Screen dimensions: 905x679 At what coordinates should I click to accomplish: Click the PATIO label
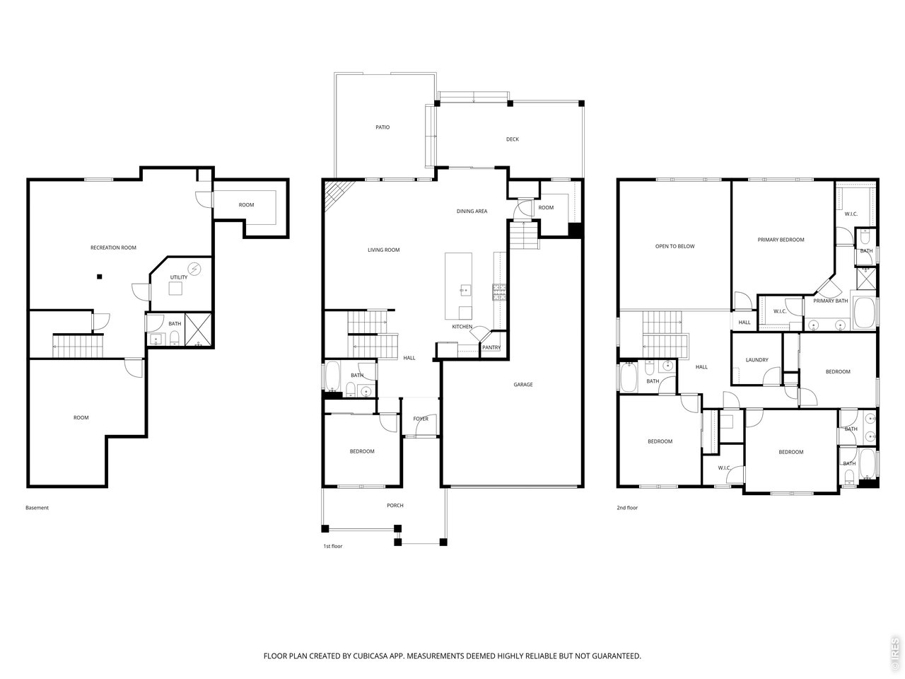pyautogui.click(x=383, y=127)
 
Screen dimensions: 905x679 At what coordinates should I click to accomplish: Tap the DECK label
pyautogui.click(x=512, y=139)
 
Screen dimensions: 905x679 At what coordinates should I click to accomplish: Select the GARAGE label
pyautogui.click(x=522, y=385)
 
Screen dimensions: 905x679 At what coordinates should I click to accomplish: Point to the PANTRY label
pyautogui.click(x=491, y=347)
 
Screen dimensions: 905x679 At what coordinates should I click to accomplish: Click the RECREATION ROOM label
pyautogui.click(x=113, y=248)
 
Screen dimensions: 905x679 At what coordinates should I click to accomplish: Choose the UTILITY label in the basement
pyautogui.click(x=179, y=277)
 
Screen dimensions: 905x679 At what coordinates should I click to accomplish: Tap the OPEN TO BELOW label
pyautogui.click(x=675, y=247)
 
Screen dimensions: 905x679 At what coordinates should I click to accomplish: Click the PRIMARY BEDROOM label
pyautogui.click(x=781, y=240)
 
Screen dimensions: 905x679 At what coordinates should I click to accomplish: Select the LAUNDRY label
pyautogui.click(x=757, y=360)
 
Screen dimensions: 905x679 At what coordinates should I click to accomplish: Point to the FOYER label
pyautogui.click(x=421, y=419)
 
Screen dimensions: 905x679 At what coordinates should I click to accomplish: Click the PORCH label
pyautogui.click(x=395, y=506)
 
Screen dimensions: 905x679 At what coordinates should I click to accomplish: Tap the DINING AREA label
pyautogui.click(x=472, y=211)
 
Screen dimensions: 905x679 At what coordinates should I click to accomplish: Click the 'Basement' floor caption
pyautogui.click(x=37, y=508)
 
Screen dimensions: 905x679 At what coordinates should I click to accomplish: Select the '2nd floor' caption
pyautogui.click(x=626, y=508)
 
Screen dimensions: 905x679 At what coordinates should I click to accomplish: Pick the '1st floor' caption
pyautogui.click(x=333, y=546)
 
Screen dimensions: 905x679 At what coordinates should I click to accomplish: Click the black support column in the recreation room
pyautogui.click(x=100, y=277)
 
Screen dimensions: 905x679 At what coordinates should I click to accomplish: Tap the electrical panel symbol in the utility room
pyautogui.click(x=194, y=269)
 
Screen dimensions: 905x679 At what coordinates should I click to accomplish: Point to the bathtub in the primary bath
pyautogui.click(x=863, y=312)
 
